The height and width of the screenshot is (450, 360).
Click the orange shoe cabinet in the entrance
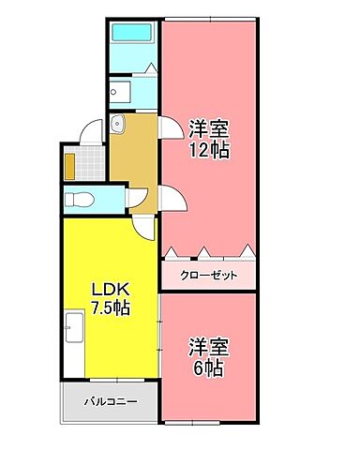(69, 164)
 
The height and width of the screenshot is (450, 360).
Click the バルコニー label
(110, 401)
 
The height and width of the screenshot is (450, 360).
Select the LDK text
(109, 288)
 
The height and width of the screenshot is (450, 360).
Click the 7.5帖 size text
(110, 307)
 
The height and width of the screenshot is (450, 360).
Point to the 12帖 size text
(208, 147)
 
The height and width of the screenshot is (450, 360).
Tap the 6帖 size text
(208, 368)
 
